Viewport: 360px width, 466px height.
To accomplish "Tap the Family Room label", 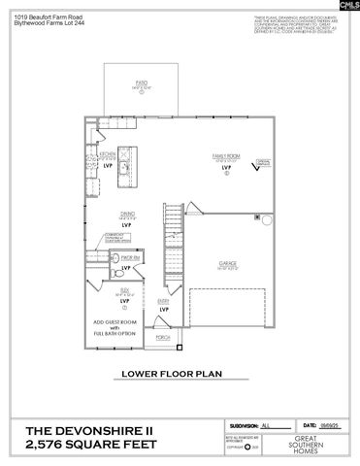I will click(x=225, y=155).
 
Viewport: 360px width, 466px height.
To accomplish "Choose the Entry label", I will click(x=164, y=301).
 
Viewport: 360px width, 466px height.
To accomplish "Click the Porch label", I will click(x=162, y=339).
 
